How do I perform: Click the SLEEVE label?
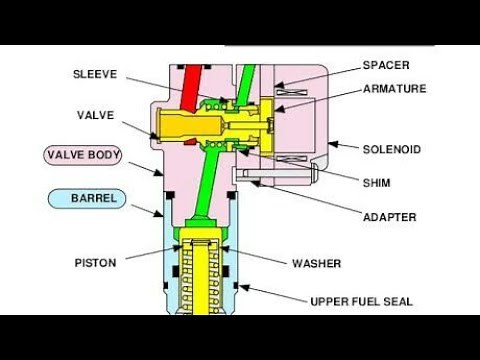[x=95, y=73]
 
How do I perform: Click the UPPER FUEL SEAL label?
[x=362, y=300]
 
